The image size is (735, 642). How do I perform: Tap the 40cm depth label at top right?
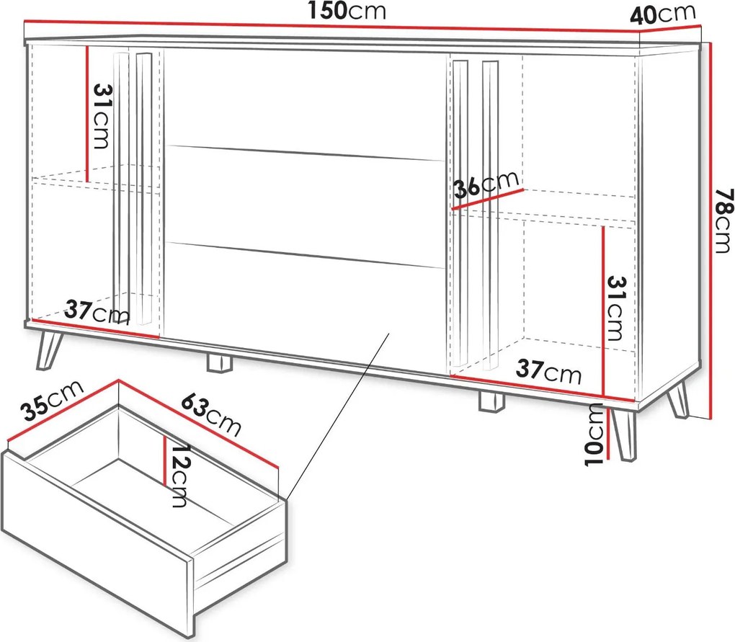coord(662,15)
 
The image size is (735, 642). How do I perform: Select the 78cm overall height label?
coord(723,220)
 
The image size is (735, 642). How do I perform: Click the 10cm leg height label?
coord(594,435)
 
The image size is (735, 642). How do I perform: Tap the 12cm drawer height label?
coord(179,476)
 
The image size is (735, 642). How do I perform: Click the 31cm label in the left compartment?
coord(102,116)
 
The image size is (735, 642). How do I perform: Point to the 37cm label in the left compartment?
coord(97,313)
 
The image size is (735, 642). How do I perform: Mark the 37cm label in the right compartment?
coord(548,371)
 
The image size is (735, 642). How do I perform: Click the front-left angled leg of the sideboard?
coord(48,350)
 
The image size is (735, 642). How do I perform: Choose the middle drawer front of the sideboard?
coord(305,206)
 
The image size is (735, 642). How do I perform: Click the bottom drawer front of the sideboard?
coord(305,306)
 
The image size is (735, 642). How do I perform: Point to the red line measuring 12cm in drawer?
coord(165,460)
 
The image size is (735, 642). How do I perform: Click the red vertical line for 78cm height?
coord(710,230)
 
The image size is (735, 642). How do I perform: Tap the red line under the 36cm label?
coord(488,199)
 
